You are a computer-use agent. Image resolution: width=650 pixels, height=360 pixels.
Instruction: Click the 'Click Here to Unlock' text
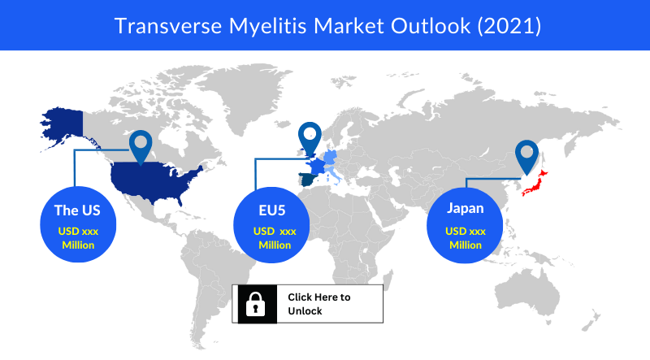[x=319, y=304]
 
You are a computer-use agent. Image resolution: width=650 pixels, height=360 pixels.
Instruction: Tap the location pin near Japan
[x=526, y=157]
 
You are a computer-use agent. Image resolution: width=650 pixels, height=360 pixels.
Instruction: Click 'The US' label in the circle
[x=77, y=210]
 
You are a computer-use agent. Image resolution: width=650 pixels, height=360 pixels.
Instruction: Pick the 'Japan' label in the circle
[x=465, y=208]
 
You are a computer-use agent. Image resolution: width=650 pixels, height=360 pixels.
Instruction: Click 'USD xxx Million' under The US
[x=78, y=238]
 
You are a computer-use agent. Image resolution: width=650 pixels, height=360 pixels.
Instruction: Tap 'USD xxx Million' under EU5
[x=275, y=238]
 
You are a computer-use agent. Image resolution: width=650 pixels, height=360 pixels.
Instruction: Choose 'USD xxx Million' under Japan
[x=466, y=238]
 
